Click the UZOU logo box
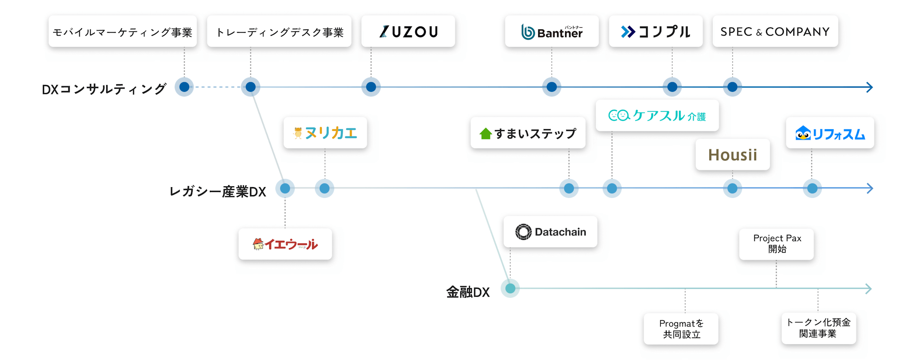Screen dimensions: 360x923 (x=408, y=31)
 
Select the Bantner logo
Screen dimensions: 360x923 (x=551, y=31)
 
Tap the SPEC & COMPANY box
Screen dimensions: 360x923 (x=775, y=31)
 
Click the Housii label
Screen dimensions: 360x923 (x=733, y=155)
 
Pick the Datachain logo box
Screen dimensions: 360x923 (x=550, y=232)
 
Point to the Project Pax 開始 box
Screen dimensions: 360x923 (x=777, y=244)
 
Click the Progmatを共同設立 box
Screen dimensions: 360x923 (x=681, y=329)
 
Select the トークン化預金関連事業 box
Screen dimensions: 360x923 (x=818, y=328)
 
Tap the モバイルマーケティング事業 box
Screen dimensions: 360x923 (x=123, y=31)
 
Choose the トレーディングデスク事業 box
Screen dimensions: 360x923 (x=279, y=31)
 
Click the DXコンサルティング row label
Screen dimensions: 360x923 (x=104, y=89)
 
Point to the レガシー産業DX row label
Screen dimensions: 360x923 (x=217, y=192)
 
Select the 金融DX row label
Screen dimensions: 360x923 (x=468, y=292)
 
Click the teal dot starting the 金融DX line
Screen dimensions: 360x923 (x=510, y=289)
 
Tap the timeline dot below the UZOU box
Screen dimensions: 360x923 (x=371, y=87)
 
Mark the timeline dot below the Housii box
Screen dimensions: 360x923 (x=733, y=188)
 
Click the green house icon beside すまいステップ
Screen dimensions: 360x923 (x=485, y=133)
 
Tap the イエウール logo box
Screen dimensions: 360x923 (x=285, y=244)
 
